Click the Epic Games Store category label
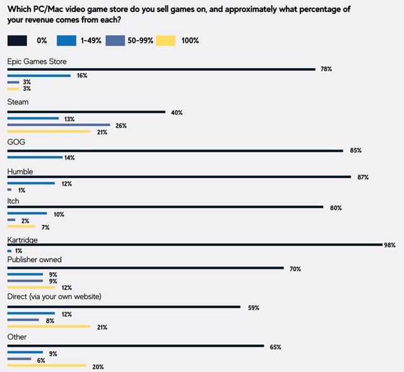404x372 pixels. click(37, 61)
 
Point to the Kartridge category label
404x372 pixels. click(23, 241)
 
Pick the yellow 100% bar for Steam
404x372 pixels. click(48, 132)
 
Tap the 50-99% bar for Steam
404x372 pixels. click(58, 125)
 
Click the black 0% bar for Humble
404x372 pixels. click(179, 177)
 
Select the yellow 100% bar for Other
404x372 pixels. click(46, 366)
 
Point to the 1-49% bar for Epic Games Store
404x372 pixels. click(39, 76)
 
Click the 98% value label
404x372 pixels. click(389, 244)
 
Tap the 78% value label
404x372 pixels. click(326, 69)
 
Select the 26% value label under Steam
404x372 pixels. click(120, 126)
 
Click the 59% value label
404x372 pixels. click(253, 308)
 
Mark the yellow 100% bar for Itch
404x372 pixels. click(21, 226)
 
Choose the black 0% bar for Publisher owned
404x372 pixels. click(145, 268)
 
